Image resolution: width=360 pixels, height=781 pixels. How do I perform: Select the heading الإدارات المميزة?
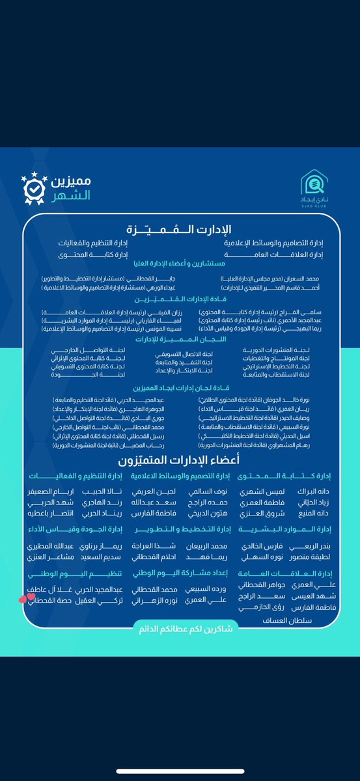pos(180,229)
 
